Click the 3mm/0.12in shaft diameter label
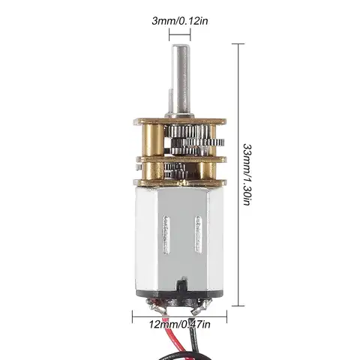[x=180, y=20]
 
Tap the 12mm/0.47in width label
[x=180, y=324]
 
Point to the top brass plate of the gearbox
[x=180, y=121]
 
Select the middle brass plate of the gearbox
[x=180, y=158]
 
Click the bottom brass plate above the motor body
[x=180, y=181]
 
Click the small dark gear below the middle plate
[x=175, y=169]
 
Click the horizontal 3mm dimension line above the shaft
[x=180, y=34]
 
